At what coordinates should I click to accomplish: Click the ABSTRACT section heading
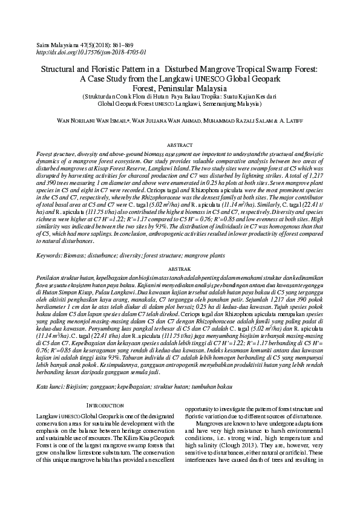point(180,146)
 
